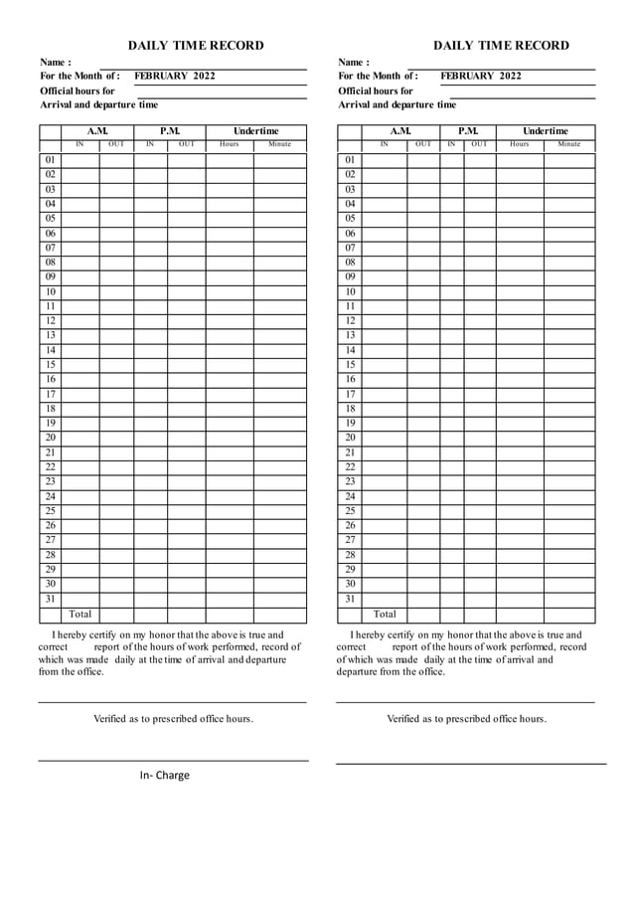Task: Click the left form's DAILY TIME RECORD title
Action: pos(196,45)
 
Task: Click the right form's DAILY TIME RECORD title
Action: pos(501,45)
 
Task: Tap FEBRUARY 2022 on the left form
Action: pos(175,76)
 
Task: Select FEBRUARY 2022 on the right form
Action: pos(481,76)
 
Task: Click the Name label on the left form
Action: pos(55,62)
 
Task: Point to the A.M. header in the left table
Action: pos(97,131)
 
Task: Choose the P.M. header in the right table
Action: pos(468,131)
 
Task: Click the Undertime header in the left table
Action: pos(256,131)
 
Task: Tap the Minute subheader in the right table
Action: pos(569,145)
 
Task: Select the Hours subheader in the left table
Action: pos(229,145)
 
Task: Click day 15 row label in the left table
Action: pos(50,365)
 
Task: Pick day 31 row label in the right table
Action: pos(350,600)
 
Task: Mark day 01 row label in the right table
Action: pos(350,160)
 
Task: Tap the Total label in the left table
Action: pos(79,615)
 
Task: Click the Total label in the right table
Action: pos(384,615)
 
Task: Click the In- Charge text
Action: pos(164,776)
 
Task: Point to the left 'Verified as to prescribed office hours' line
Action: pos(173,718)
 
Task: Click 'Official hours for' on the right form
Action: pos(375,90)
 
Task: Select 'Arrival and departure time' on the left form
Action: pos(98,104)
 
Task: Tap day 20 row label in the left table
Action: pos(50,438)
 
